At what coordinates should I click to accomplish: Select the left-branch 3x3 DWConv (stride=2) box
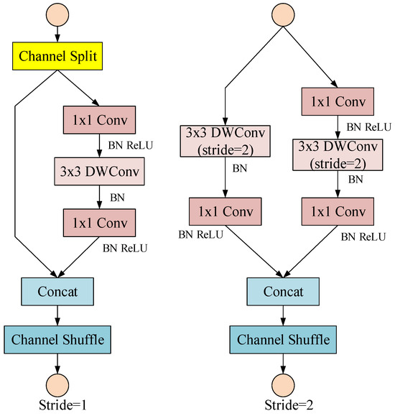(x=226, y=142)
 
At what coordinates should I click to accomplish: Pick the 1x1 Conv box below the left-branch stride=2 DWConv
(x=226, y=213)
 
